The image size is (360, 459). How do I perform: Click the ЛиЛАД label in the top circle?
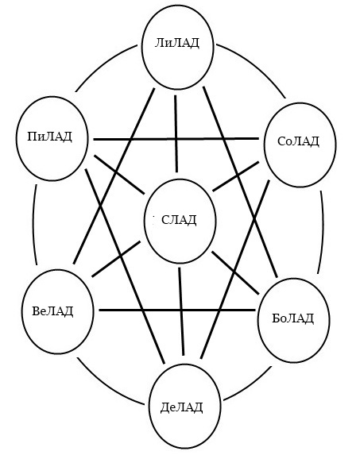[x=176, y=43]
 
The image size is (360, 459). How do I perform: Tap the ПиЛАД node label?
[x=49, y=137]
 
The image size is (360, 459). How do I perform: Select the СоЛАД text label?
[x=298, y=141]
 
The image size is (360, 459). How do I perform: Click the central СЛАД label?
[x=179, y=219]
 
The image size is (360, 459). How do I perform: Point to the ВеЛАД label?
[x=52, y=310]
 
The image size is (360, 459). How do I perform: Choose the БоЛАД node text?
[x=293, y=318]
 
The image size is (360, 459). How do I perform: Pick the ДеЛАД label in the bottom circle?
[x=182, y=407]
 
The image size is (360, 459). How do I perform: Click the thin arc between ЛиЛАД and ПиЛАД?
[x=103, y=64]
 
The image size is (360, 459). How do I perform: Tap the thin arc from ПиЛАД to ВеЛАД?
[x=33, y=224]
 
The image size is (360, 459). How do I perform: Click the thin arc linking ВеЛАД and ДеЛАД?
[x=107, y=385]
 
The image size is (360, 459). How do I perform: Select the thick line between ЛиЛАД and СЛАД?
[x=176, y=133]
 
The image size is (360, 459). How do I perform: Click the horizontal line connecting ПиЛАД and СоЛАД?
[x=176, y=139]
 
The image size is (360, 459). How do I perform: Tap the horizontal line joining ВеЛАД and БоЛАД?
[x=177, y=310]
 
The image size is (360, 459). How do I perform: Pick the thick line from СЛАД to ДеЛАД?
[x=181, y=311]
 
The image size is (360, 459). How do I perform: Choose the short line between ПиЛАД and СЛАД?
[x=119, y=175]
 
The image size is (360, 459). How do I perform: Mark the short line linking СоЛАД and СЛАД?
[x=236, y=176]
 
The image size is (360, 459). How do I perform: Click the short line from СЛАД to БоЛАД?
[x=235, y=272]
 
